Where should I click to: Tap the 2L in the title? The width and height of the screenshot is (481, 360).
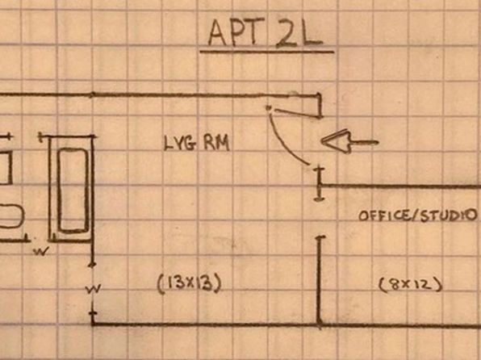299,34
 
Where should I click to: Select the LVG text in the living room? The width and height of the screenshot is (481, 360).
179,143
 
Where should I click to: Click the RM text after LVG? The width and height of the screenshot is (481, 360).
216,144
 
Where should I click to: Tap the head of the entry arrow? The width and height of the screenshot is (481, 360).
335,142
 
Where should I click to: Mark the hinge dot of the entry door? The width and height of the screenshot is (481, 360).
269,107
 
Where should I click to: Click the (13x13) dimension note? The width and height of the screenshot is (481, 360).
189,284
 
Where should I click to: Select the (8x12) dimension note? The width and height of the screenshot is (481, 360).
411,285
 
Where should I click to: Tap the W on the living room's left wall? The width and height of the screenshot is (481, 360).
93,289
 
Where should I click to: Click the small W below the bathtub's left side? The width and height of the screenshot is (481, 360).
41,252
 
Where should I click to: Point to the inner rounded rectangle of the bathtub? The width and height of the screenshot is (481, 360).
73,190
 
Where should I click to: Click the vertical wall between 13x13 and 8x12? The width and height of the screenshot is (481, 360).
320,281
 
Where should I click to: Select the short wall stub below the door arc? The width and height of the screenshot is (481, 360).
319,184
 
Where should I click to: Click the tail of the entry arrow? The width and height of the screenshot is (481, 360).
378,142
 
